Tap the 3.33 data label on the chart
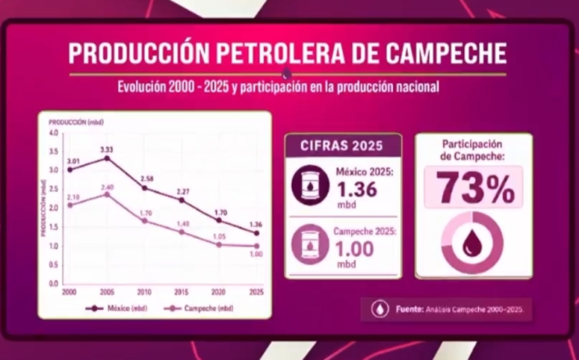[x=106, y=149]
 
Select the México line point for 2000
[x=70, y=170]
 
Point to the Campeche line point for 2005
[x=107, y=194]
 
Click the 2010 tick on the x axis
[x=144, y=291]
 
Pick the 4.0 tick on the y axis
[x=53, y=133]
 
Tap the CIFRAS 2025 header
[x=343, y=145]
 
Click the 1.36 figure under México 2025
[x=357, y=189]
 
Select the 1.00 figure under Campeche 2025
[x=354, y=248]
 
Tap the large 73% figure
[x=474, y=189]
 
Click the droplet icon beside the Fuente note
[x=379, y=308]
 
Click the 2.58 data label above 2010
[x=146, y=179]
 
